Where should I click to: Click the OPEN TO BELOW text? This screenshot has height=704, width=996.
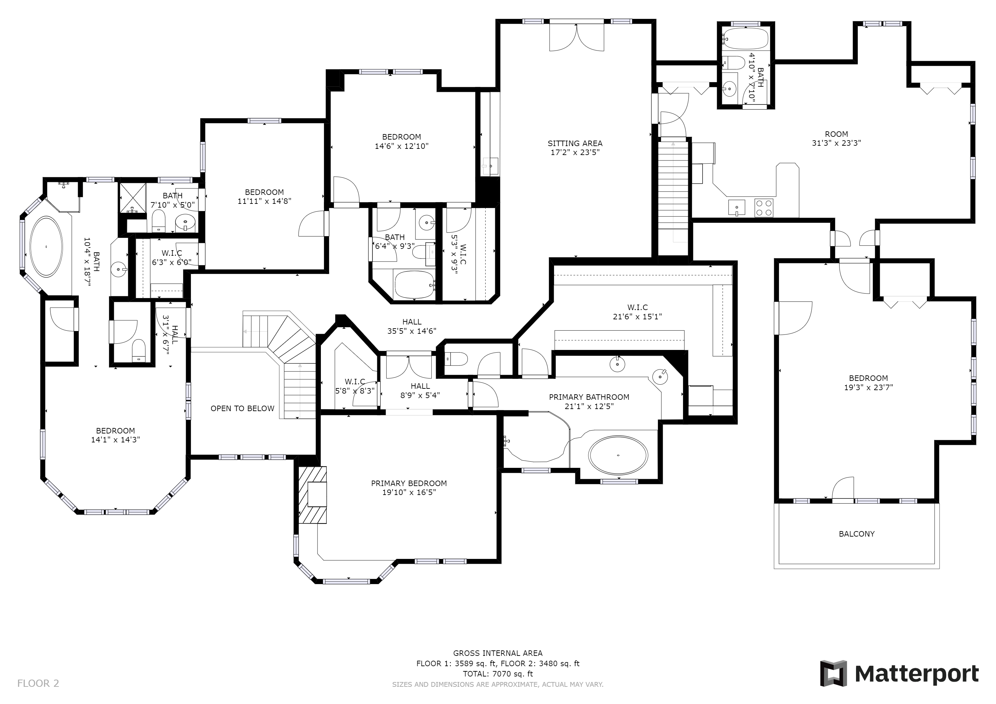tap(242, 408)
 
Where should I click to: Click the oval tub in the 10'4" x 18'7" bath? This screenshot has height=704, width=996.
tap(46, 247)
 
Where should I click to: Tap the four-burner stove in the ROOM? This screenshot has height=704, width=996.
tap(764, 208)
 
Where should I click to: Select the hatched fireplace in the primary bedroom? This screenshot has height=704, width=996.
tap(312, 495)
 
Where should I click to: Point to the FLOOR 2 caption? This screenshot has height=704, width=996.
tap(38, 684)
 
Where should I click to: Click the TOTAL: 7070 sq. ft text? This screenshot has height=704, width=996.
tap(498, 674)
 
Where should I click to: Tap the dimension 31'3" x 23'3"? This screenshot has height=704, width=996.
tap(836, 143)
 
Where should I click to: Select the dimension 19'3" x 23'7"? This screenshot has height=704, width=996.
tap(868, 387)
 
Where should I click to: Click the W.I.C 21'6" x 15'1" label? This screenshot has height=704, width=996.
tap(637, 312)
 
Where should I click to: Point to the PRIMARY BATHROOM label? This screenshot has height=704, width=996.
tap(589, 397)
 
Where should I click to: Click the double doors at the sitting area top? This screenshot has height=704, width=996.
tap(576, 37)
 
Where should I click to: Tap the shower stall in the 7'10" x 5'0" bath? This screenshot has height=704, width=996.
tap(133, 198)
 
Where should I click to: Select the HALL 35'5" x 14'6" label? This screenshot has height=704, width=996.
tap(412, 327)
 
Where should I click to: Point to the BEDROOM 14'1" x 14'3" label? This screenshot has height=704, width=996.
tap(116, 435)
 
